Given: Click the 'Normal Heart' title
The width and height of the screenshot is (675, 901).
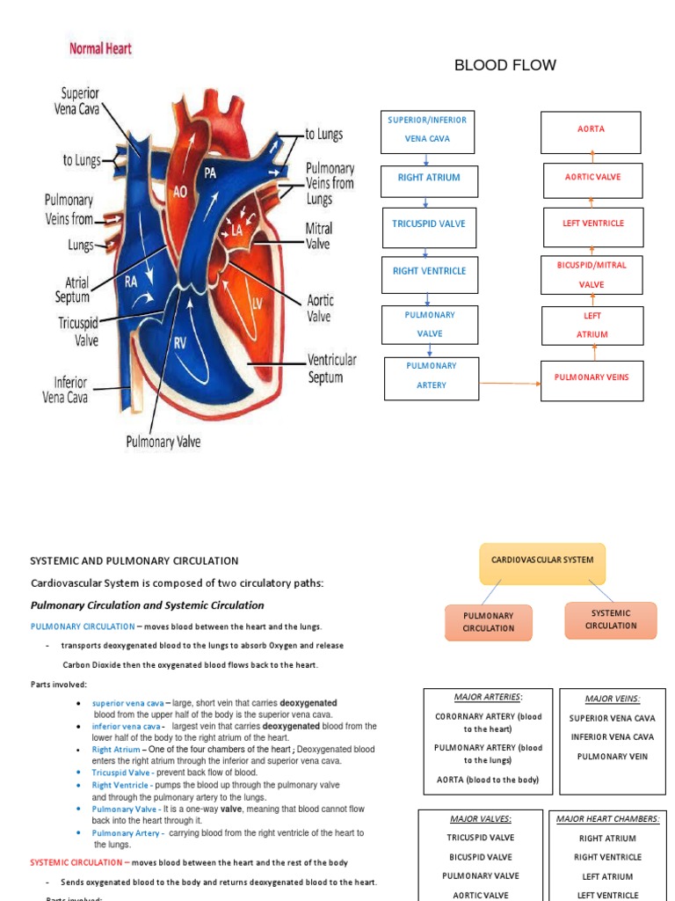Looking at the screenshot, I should (100, 48).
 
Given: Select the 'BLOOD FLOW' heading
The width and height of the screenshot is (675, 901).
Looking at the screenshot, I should (504, 65).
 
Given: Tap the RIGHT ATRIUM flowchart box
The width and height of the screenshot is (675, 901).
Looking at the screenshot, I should (429, 178).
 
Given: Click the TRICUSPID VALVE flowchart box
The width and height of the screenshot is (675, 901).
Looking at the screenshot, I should (429, 224).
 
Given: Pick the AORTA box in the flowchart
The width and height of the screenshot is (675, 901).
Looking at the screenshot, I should (591, 129).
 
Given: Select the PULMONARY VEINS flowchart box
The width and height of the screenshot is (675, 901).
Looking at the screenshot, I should (592, 377).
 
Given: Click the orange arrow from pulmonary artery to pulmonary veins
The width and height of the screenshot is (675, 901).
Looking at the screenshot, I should (510, 384).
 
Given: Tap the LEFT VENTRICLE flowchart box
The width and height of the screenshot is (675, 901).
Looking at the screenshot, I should (593, 224).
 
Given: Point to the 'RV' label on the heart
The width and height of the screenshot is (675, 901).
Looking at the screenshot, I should (180, 343).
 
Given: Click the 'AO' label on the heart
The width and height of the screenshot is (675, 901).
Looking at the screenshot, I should (179, 191).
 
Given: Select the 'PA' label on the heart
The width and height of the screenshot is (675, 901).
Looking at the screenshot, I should (210, 173).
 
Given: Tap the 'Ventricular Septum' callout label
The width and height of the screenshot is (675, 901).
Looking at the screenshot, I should (331, 369).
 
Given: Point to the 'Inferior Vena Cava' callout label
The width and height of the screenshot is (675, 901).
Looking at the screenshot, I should (65, 390).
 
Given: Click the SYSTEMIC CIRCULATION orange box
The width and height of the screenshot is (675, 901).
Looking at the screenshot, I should (611, 619).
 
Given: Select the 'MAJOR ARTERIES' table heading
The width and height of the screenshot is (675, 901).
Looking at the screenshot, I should (488, 697).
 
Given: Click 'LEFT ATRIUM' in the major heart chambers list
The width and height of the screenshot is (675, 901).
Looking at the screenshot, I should (607, 876).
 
